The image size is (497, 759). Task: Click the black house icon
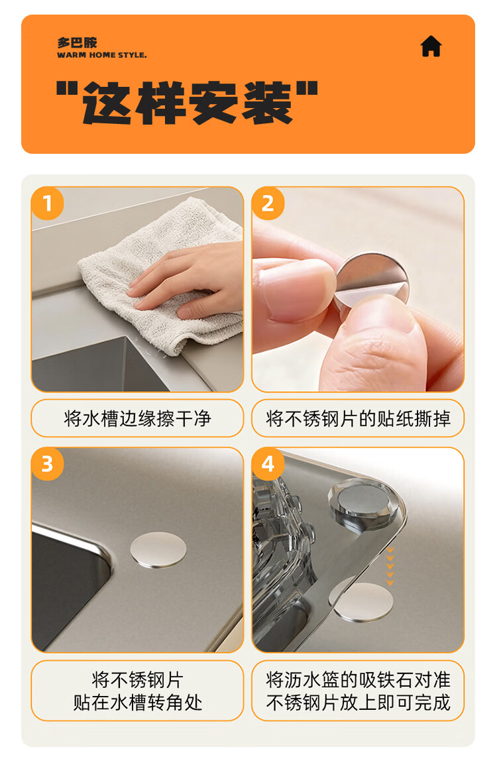(x=431, y=46)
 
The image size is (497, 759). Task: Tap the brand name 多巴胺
(x=77, y=42)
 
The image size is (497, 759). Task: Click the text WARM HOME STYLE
(x=101, y=55)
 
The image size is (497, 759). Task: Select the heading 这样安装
(x=187, y=103)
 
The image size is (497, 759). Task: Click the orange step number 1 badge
(x=48, y=204)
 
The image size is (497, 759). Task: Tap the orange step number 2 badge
(x=268, y=204)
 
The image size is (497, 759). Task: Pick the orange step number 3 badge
(x=48, y=464)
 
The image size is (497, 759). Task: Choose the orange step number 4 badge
(x=268, y=464)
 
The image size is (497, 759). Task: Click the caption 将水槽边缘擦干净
(x=137, y=418)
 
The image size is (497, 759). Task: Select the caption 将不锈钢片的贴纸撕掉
(x=358, y=418)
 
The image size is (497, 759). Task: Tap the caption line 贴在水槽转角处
(x=137, y=703)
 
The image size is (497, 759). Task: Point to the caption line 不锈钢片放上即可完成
(x=358, y=703)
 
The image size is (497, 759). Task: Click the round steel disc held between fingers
(x=372, y=281)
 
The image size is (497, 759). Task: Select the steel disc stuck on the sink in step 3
(x=158, y=550)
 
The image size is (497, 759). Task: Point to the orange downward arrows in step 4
(x=390, y=566)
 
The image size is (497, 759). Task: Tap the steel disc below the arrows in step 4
(x=362, y=602)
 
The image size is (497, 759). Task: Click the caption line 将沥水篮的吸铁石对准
(x=358, y=680)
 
